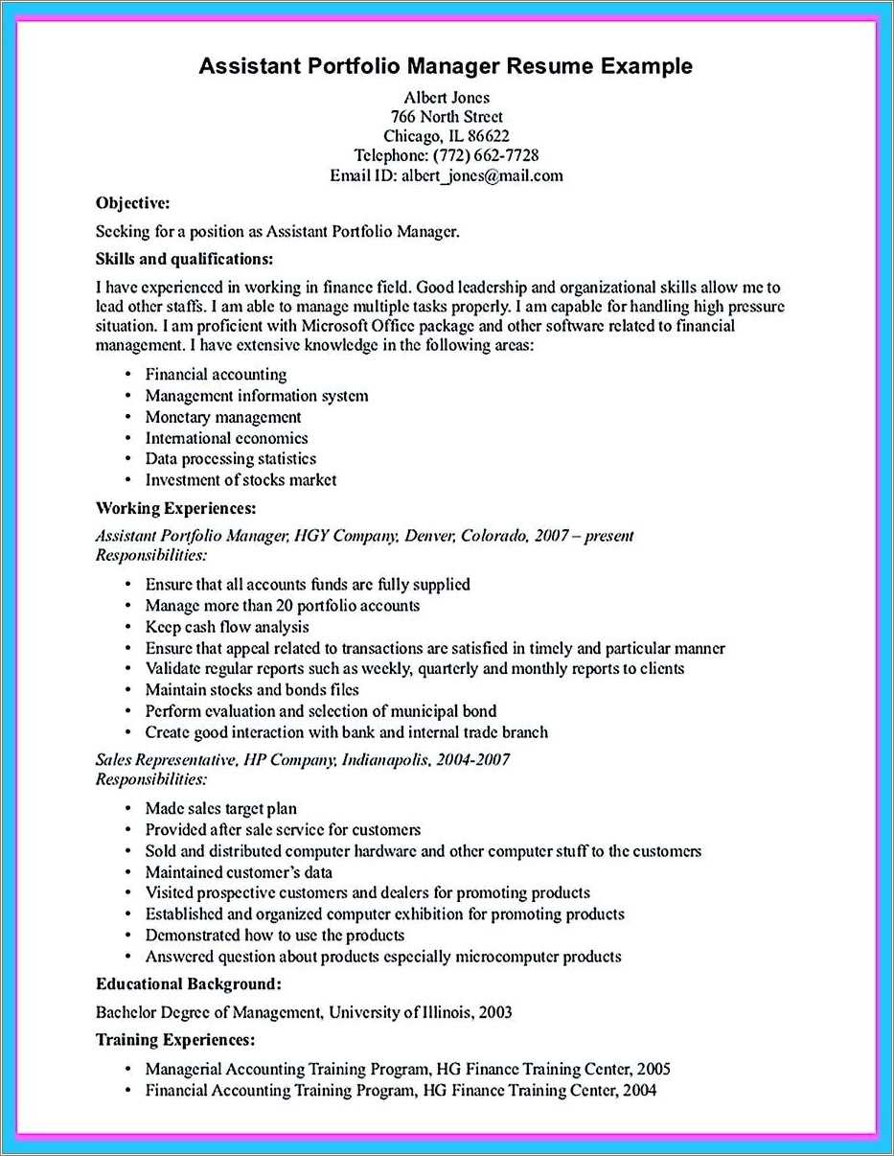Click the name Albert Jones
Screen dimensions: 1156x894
[x=446, y=97]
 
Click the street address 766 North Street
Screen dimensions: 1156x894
[x=446, y=117]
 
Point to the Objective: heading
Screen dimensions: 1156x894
[x=133, y=202]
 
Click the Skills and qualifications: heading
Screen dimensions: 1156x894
[x=185, y=259]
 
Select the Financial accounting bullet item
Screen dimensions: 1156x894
[x=216, y=375]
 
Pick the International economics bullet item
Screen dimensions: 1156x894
[x=226, y=438]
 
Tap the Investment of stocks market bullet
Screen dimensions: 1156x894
[x=241, y=480]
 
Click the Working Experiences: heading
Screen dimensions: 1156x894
[x=175, y=508]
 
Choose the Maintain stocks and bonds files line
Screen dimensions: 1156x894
[x=252, y=690]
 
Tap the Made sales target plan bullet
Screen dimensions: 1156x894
[x=220, y=809]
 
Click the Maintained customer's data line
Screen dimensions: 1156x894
[x=239, y=872]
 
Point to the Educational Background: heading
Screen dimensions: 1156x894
[x=188, y=983]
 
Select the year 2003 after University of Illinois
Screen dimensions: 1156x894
[x=493, y=1011]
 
